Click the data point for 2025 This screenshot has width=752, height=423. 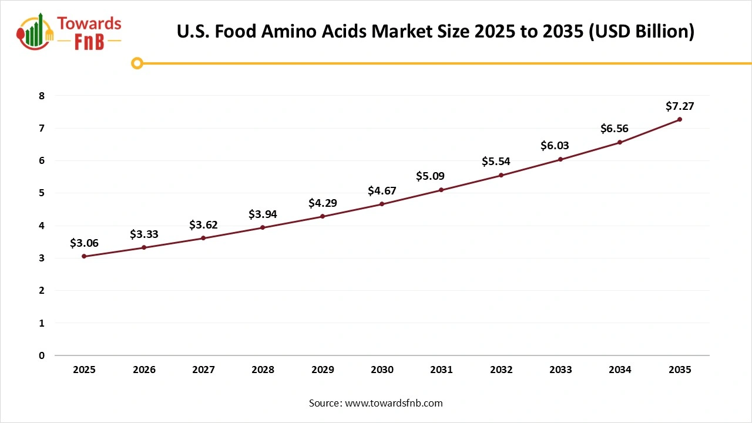point(85,256)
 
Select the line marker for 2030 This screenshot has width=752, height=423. point(382,204)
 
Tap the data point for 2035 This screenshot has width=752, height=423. point(680,119)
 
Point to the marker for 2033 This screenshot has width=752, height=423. point(560,159)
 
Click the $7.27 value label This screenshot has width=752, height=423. point(680,106)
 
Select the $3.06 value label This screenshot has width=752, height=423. point(84,243)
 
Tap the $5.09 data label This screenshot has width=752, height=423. point(430,176)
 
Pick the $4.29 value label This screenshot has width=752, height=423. point(323,203)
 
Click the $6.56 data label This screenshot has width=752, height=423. point(614,129)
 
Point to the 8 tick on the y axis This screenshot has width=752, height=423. point(42,96)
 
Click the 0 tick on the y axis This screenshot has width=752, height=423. point(42,355)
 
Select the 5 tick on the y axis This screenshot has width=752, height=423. point(42,193)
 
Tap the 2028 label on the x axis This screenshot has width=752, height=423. point(263,370)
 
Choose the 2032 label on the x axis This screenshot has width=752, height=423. point(501,370)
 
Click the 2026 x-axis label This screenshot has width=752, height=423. point(144,370)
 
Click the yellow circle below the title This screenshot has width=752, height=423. point(137,63)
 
